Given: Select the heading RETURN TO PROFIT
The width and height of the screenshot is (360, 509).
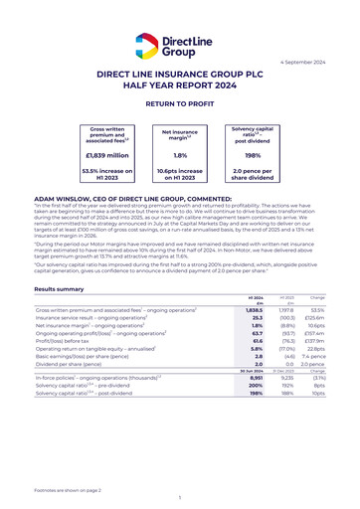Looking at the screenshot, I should pos(180,103).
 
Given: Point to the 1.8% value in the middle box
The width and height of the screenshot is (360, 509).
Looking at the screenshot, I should pos(179,156).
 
